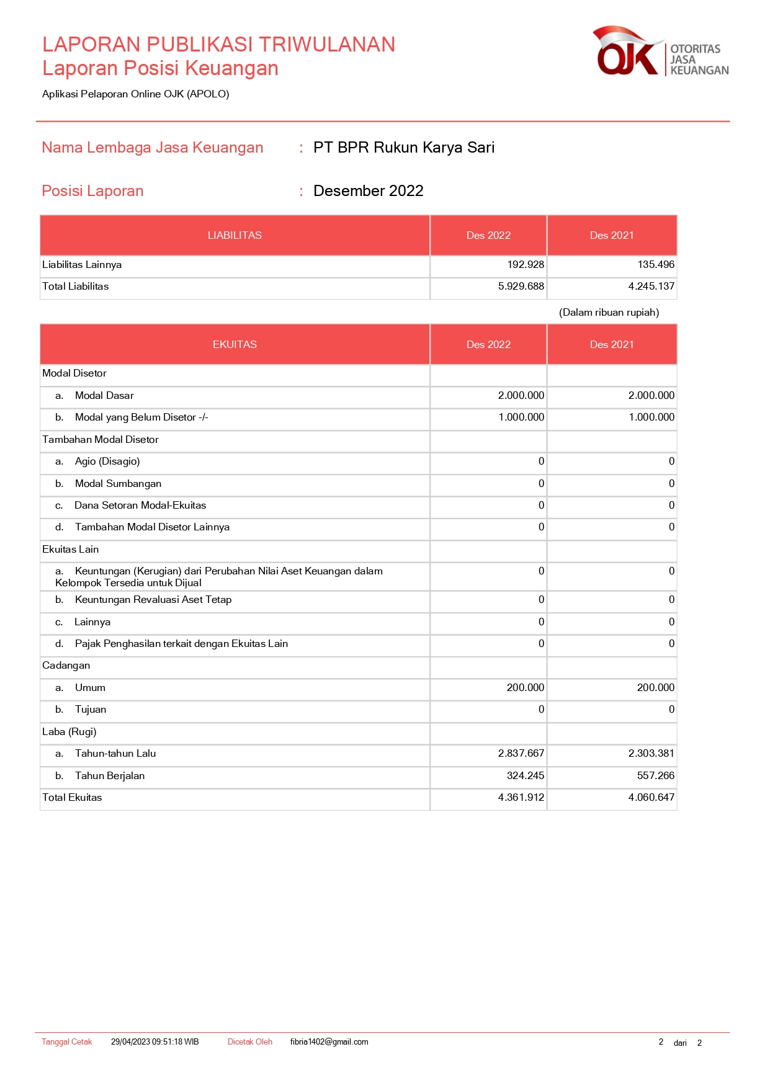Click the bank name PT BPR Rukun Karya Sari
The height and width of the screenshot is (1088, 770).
[404, 148]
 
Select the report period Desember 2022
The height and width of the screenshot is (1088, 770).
[368, 191]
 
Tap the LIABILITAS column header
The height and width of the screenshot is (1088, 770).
[235, 236]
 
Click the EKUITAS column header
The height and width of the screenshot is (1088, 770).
[235, 345]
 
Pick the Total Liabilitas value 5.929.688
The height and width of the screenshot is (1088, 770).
[521, 287]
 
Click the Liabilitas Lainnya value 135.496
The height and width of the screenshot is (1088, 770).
[656, 265]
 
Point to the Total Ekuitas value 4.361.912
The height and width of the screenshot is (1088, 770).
[521, 798]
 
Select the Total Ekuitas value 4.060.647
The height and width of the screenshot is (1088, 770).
[651, 798]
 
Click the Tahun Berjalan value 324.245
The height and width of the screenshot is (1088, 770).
[525, 776]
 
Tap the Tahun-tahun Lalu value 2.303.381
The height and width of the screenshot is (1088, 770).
[651, 754]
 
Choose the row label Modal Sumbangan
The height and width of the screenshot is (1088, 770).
[118, 484]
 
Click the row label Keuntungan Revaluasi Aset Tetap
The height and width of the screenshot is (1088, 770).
[153, 600]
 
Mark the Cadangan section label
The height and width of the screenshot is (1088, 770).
[66, 666]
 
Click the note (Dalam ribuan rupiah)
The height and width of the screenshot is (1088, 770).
[609, 313]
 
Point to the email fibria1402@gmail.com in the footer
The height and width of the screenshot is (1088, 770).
[329, 1042]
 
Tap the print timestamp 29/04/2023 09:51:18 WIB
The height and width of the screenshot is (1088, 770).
[154, 1042]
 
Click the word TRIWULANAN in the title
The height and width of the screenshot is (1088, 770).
[326, 45]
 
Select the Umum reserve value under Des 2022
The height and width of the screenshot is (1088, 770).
[525, 688]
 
